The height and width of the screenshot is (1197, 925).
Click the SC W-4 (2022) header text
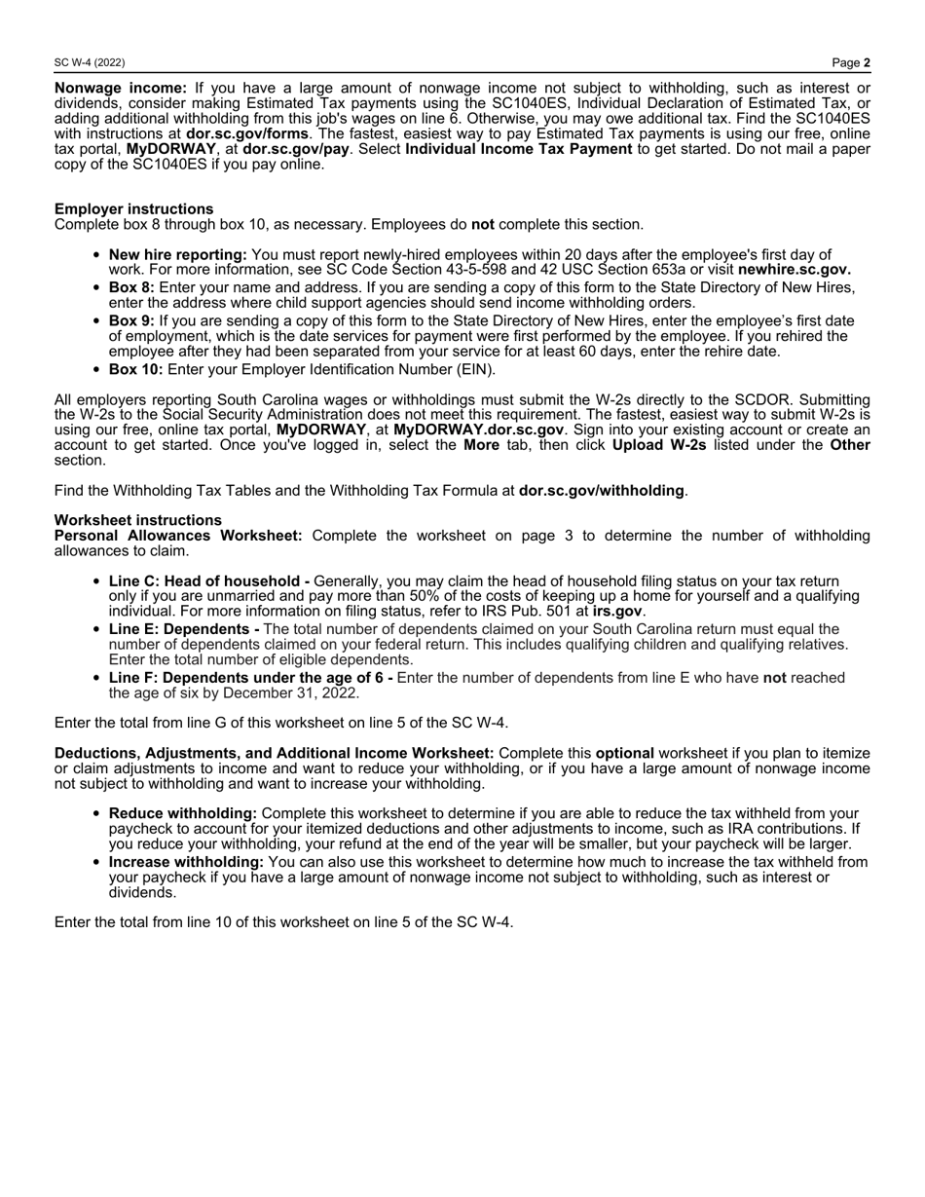point(90,63)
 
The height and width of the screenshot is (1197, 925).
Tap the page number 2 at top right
point(867,63)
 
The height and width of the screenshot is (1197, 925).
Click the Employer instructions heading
point(133,208)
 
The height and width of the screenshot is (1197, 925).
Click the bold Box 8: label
point(131,288)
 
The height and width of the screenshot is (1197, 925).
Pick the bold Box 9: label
point(131,320)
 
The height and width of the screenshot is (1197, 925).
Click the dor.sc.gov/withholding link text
point(601,491)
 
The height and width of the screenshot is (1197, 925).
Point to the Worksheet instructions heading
point(137,520)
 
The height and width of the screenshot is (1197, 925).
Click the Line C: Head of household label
point(209,581)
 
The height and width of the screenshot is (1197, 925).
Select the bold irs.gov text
point(617,611)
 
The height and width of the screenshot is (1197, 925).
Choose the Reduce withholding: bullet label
point(183,813)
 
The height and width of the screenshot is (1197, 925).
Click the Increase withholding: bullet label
point(186,862)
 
